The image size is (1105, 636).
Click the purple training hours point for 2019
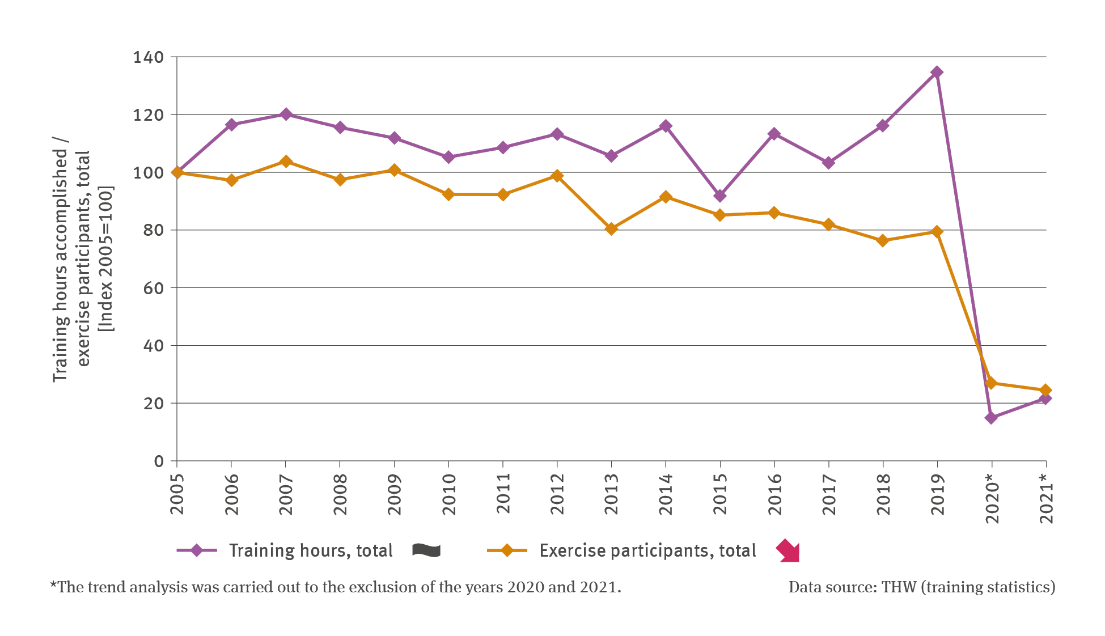(x=937, y=72)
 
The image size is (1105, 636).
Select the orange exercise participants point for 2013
(x=611, y=229)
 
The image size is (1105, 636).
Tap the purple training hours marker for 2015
(x=720, y=196)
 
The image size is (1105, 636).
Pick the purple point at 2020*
(x=991, y=418)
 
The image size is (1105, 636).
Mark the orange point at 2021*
(x=1045, y=390)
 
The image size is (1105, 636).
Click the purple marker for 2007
(x=286, y=114)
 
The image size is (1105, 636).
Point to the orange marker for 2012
(x=557, y=176)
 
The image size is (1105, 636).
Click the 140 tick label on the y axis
(x=148, y=57)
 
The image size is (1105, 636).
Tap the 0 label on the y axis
(x=159, y=461)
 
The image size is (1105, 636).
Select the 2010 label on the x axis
(x=449, y=494)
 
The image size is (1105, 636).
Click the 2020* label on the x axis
(x=992, y=498)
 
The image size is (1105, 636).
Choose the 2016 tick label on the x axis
(x=774, y=494)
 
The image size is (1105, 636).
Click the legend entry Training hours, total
(x=311, y=550)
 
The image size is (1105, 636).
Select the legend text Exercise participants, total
(x=647, y=550)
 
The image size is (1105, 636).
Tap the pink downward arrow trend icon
(x=788, y=551)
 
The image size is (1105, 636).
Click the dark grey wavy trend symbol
(x=426, y=550)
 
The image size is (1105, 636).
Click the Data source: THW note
(x=921, y=587)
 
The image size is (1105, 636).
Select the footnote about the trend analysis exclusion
(x=336, y=587)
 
